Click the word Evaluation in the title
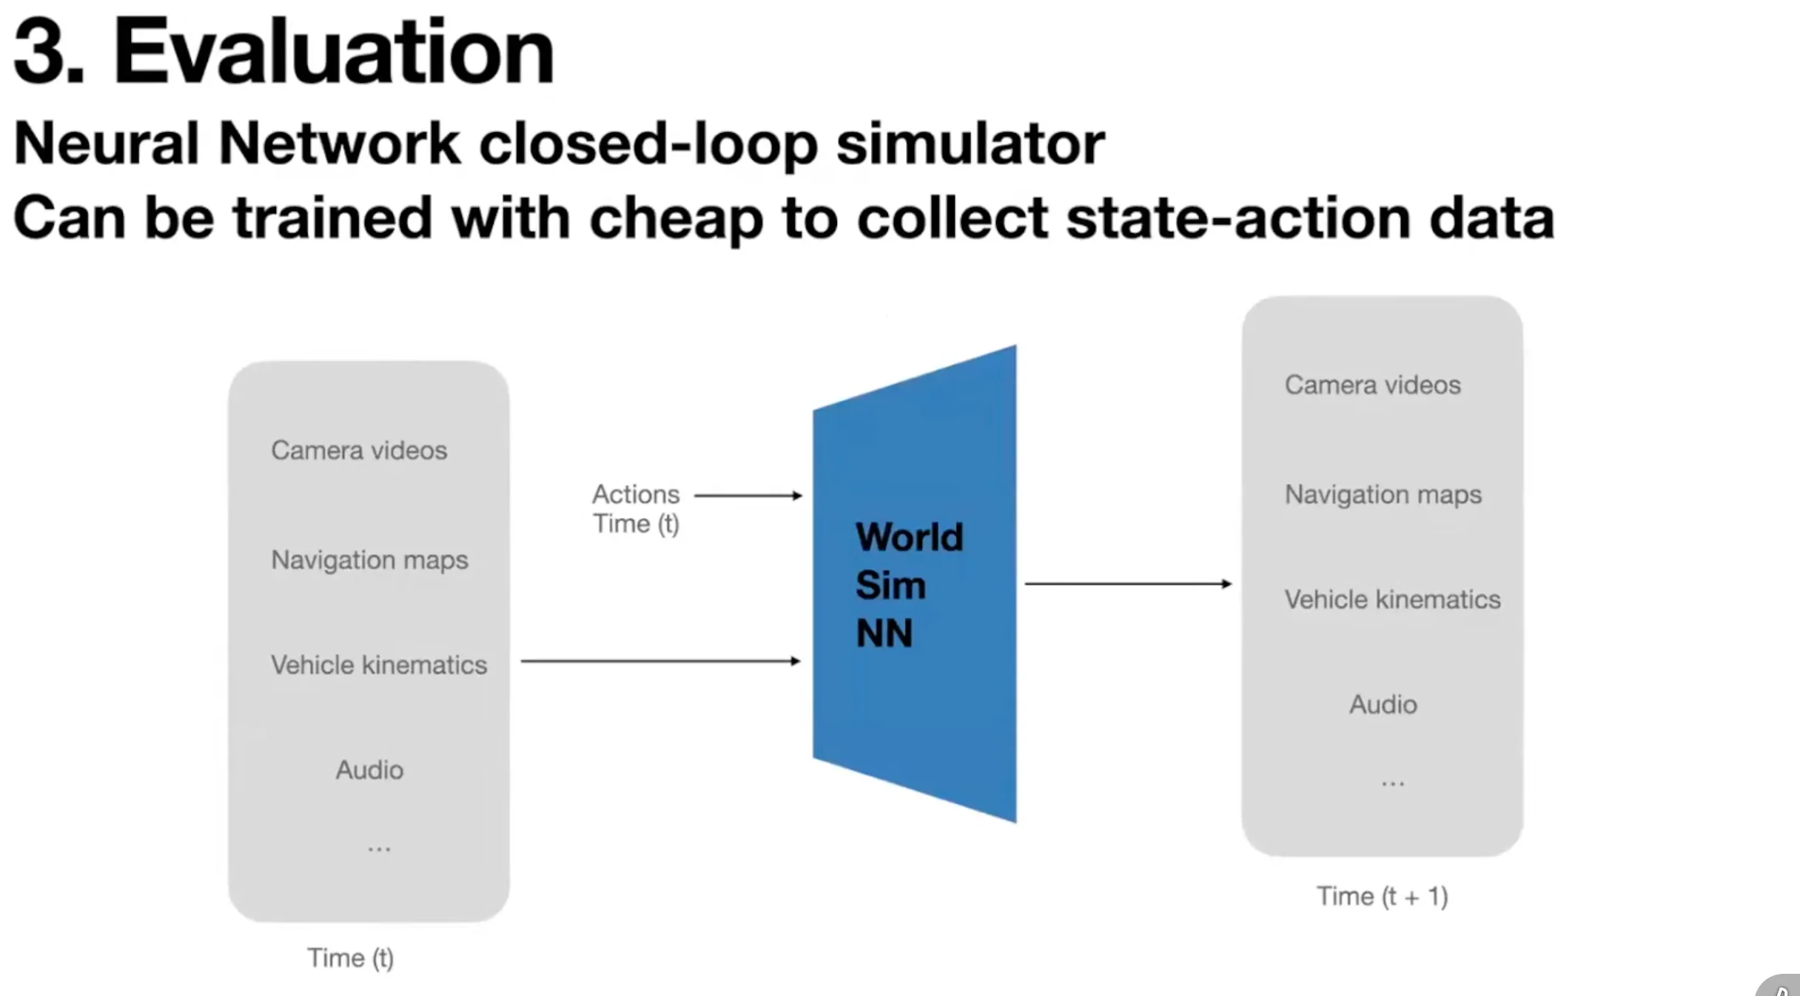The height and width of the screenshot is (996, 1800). click(333, 52)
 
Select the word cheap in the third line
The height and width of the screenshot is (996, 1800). click(675, 219)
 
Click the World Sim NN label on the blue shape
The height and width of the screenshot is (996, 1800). click(909, 585)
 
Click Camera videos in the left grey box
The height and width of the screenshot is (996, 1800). click(359, 450)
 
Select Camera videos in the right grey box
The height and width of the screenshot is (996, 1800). click(1372, 385)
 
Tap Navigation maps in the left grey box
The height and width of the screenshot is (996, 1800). click(369, 560)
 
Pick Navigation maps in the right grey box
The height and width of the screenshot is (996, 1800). click(1383, 494)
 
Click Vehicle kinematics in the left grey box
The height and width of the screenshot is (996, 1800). click(379, 665)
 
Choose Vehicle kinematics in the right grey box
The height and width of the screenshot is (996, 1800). click(1392, 599)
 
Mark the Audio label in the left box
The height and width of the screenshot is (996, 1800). click(369, 770)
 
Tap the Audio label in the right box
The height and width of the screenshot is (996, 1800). click(1383, 704)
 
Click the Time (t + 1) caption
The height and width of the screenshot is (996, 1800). click(1382, 896)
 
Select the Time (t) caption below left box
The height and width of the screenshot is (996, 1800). click(350, 958)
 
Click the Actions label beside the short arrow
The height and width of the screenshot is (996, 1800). click(635, 494)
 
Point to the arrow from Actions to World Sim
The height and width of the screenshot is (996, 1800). click(748, 495)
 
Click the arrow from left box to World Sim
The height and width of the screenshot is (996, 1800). click(660, 661)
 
